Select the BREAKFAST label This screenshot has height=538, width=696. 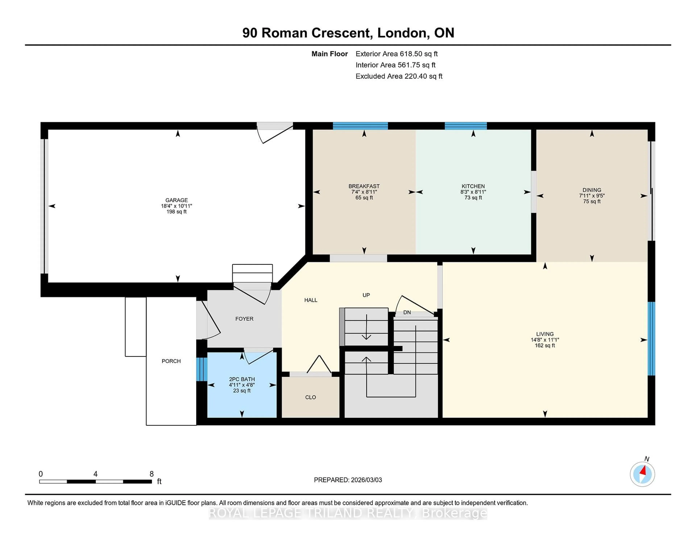(364, 186)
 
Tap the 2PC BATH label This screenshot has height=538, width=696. (242, 379)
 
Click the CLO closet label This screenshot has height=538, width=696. (310, 397)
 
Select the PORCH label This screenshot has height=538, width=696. (171, 361)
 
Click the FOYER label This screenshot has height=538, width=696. (245, 319)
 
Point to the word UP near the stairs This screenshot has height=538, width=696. (366, 295)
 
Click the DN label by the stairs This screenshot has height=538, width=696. (407, 312)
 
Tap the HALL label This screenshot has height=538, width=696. (311, 300)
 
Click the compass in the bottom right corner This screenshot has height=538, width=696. (642, 474)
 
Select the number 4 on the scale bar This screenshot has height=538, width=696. (95, 474)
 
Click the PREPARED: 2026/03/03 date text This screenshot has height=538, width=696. (348, 480)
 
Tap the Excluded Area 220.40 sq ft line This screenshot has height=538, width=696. (399, 76)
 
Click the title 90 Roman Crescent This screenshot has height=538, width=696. (348, 33)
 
